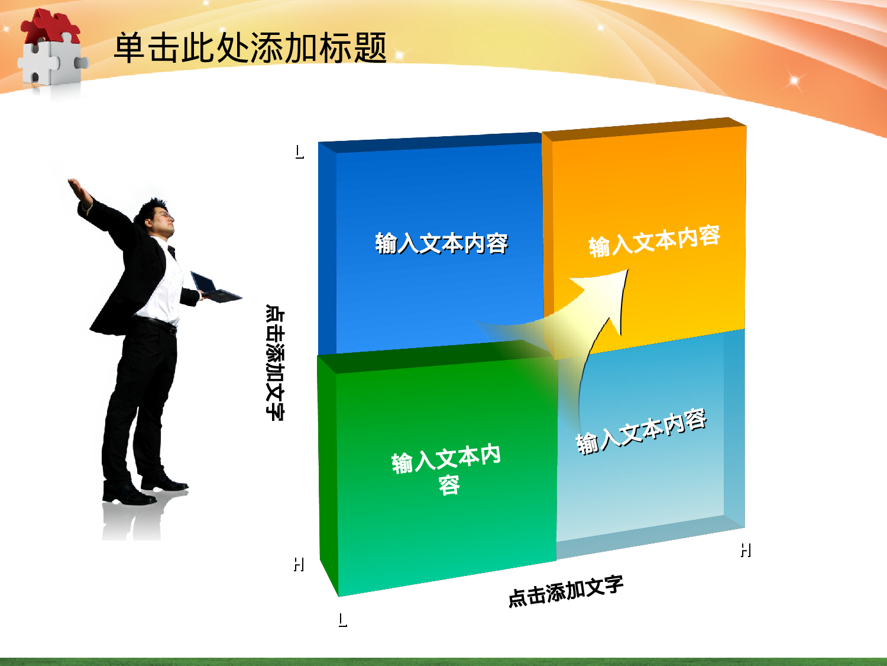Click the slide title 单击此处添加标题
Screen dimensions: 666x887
pyautogui.click(x=250, y=48)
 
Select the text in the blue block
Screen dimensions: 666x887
pyautogui.click(x=441, y=243)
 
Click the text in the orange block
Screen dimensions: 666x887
pyautogui.click(x=654, y=241)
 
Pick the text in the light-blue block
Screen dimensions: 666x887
pyautogui.click(x=641, y=432)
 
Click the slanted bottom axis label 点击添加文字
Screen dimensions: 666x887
pyautogui.click(x=566, y=591)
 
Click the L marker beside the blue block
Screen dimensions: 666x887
pyautogui.click(x=300, y=152)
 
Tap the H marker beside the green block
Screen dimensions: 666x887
pyautogui.click(x=299, y=564)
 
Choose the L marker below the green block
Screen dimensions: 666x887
pyautogui.click(x=343, y=620)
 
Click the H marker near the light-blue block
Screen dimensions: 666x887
pyautogui.click(x=746, y=551)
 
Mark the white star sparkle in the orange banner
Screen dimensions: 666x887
pyautogui.click(x=794, y=81)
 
